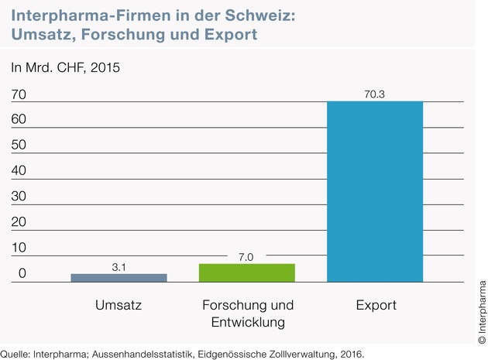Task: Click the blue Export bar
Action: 375,192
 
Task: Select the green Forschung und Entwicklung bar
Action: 247,273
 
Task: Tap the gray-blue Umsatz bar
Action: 119,278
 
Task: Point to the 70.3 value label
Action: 375,94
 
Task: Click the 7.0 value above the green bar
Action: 246,257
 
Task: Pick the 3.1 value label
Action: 119,267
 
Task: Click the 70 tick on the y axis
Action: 19,94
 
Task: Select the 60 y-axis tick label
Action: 19,119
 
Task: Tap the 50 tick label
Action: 19,145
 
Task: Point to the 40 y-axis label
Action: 19,170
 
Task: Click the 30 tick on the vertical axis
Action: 19,197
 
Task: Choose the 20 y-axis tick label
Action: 19,222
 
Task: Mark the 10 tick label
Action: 19,248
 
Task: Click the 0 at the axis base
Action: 22,273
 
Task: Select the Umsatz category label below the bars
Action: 119,305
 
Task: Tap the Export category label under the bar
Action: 376,306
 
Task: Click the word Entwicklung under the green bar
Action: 248,323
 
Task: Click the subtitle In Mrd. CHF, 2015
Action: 65,68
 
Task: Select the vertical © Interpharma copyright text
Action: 482,312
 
